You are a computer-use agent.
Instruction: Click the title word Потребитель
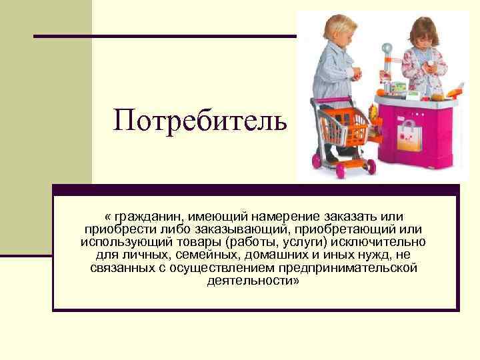coord(201,121)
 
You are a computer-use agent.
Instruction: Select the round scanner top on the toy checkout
coord(386,47)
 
